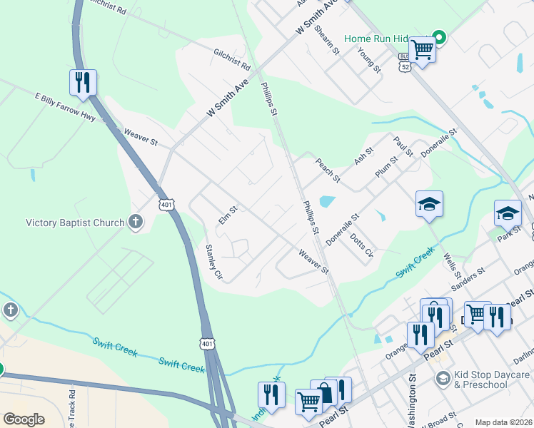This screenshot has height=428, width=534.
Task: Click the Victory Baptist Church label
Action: coord(75,223)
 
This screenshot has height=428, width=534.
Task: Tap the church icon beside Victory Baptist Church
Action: coord(136,223)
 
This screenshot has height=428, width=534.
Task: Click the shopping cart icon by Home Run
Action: coord(422,49)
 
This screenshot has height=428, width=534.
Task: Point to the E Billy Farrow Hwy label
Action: coord(64,106)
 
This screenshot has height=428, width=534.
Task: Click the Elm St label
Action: coord(228,215)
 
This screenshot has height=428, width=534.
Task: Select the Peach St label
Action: coord(328,170)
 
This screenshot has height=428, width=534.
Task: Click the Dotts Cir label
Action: coord(361,248)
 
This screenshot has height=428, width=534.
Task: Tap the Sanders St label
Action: coord(468,276)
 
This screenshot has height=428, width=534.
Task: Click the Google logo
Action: coord(24,419)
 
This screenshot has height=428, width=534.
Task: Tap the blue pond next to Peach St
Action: coord(327,202)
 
